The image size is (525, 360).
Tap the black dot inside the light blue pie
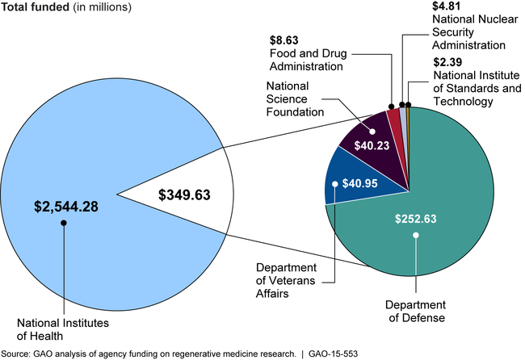[63, 223]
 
